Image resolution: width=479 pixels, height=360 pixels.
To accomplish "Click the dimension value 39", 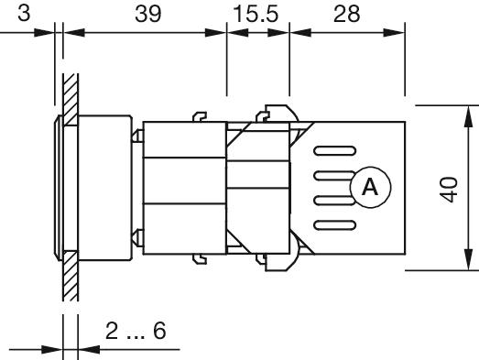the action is [x=147, y=14].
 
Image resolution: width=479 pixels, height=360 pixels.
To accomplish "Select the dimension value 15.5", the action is [x=256, y=14].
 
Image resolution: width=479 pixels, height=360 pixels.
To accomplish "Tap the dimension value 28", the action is [x=347, y=14].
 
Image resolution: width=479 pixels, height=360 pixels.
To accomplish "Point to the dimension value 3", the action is [x=24, y=14].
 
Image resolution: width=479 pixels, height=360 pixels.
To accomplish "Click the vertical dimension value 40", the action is [x=450, y=190].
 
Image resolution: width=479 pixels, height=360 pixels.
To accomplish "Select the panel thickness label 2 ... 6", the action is [x=136, y=331].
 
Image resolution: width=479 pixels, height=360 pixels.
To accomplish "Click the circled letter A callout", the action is [x=371, y=188].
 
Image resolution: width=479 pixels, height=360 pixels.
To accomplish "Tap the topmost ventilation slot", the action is [x=335, y=151].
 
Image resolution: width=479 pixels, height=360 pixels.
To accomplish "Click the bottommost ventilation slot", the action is [x=335, y=225].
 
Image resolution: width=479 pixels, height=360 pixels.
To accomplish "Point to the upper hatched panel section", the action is [x=71, y=100].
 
